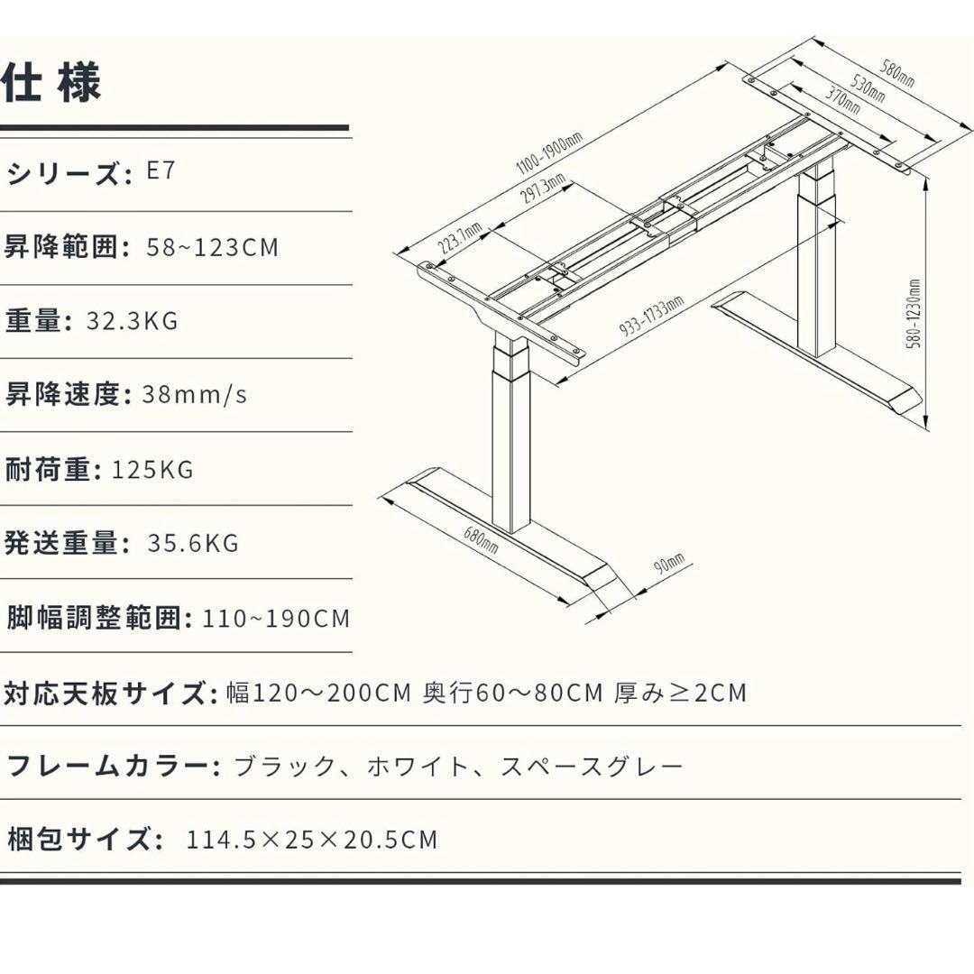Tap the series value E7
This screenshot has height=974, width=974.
tap(161, 171)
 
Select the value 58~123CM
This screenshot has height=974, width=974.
tap(213, 246)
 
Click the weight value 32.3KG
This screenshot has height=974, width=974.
tap(132, 320)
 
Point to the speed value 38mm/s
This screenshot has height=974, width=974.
tap(195, 394)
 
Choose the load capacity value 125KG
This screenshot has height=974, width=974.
tap(152, 469)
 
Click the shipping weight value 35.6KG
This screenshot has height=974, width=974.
tap(193, 543)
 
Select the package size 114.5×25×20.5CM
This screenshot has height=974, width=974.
tap(312, 840)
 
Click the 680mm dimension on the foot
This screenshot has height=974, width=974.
tap(481, 539)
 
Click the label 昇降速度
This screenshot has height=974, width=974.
tap(62, 394)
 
